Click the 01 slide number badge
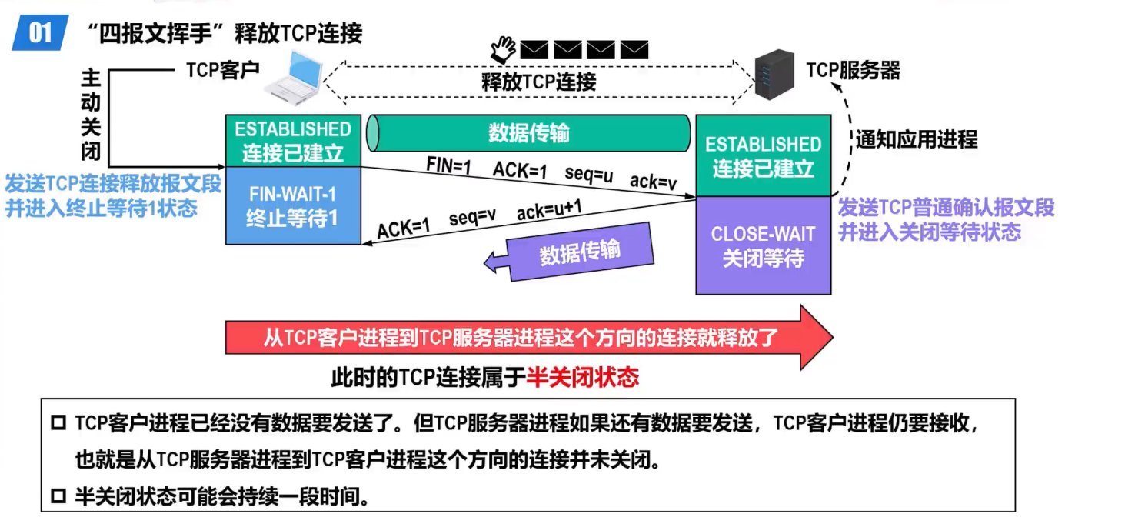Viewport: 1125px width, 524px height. (x=40, y=34)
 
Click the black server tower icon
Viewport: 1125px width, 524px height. (x=773, y=74)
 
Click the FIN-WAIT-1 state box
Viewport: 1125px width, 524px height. (x=293, y=205)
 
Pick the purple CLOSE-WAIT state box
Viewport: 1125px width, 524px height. (x=763, y=245)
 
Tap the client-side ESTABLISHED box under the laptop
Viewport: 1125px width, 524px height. (x=293, y=141)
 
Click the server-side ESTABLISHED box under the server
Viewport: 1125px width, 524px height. (x=763, y=156)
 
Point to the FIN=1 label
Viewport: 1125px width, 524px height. (x=449, y=164)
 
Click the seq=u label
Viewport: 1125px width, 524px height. (x=589, y=174)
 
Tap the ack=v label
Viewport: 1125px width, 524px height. (x=654, y=182)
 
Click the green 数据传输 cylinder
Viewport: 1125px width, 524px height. (x=529, y=133)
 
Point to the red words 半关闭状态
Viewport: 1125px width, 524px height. (x=583, y=377)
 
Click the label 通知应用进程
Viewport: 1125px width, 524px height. (x=917, y=139)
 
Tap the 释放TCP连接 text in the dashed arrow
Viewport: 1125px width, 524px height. (x=539, y=81)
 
